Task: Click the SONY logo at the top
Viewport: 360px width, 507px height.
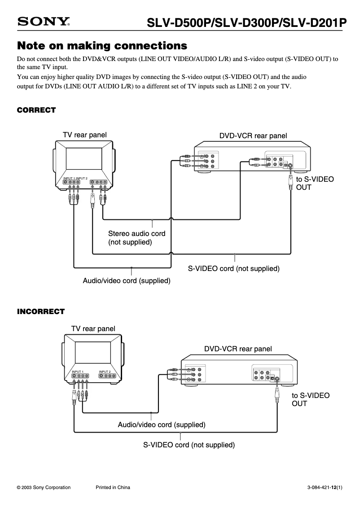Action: [x=44, y=22]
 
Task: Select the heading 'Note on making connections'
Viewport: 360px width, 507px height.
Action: [x=101, y=46]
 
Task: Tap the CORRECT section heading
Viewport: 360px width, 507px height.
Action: [x=36, y=110]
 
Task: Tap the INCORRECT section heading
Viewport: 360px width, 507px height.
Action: [x=41, y=311]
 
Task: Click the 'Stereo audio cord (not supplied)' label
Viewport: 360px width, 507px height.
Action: [x=136, y=238]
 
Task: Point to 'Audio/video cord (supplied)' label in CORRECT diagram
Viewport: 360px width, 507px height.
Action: [x=127, y=281]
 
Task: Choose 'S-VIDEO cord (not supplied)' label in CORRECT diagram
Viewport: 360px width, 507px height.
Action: [x=233, y=269]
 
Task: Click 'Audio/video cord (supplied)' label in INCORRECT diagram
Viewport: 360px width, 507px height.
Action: [x=162, y=424]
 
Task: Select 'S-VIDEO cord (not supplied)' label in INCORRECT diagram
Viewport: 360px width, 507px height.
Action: [x=189, y=445]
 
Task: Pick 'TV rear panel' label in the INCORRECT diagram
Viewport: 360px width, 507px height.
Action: [x=93, y=329]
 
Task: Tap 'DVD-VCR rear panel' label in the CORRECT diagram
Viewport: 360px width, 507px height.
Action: [x=253, y=136]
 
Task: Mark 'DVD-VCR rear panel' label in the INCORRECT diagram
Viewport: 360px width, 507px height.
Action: [x=238, y=349]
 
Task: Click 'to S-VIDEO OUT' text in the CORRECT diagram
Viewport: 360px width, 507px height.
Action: [x=315, y=183]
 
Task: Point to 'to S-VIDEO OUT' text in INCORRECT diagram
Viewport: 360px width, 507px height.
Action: [x=311, y=399]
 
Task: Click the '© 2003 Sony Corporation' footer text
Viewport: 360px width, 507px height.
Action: [x=44, y=488]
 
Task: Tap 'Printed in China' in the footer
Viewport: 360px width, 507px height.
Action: [x=113, y=488]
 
